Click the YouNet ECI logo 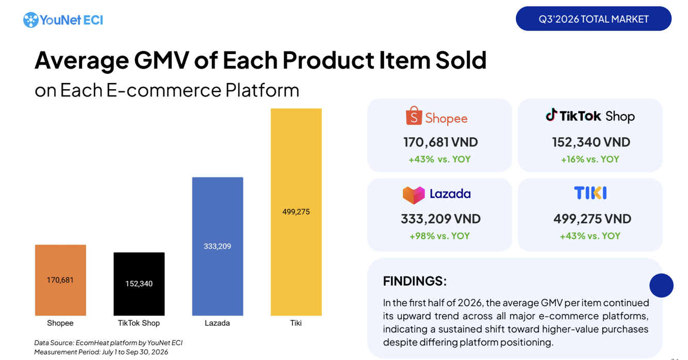[x=63, y=20]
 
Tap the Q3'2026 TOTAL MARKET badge [x=594, y=19]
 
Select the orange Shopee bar [x=60, y=280]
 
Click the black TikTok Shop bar [x=139, y=284]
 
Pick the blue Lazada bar [x=218, y=247]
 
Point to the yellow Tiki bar [x=296, y=212]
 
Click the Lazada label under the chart [x=217, y=323]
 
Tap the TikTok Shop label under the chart [x=139, y=323]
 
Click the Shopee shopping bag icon [x=414, y=116]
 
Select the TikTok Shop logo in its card [x=590, y=116]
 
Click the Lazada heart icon [x=414, y=195]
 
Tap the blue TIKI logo [x=590, y=193]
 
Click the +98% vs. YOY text [x=439, y=236]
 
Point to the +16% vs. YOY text [x=590, y=159]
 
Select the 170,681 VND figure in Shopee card [x=440, y=142]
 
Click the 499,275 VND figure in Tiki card [x=592, y=219]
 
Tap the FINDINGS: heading [x=415, y=281]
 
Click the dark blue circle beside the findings [x=661, y=285]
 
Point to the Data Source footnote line [x=108, y=343]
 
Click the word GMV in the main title [x=161, y=60]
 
